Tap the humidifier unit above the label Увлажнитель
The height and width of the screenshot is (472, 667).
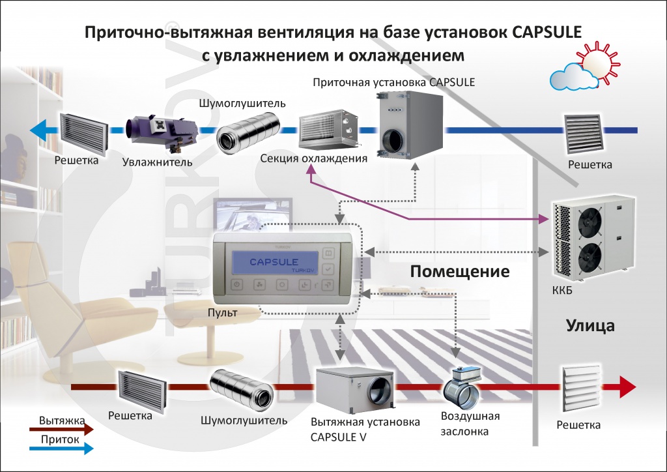click(159, 133)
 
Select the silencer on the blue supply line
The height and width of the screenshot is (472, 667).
click(247, 130)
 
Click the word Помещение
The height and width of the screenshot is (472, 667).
click(459, 271)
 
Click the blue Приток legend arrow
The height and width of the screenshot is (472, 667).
click(62, 448)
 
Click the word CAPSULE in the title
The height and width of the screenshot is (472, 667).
click(533, 33)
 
